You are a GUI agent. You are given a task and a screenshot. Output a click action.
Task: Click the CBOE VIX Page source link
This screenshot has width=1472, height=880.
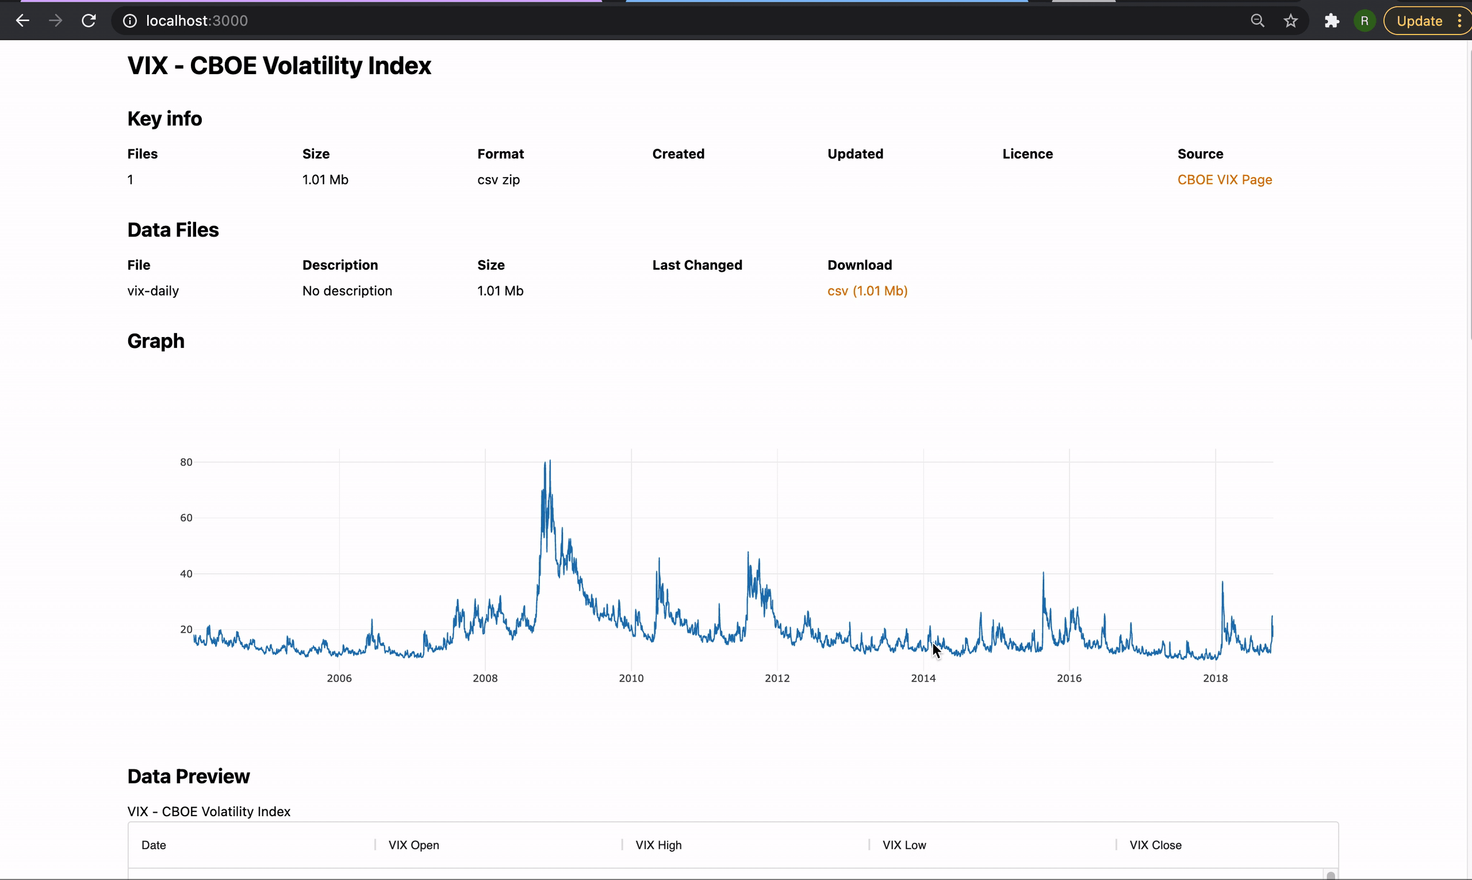click(x=1224, y=179)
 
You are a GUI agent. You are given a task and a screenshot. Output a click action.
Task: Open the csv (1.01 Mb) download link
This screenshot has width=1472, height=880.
click(x=867, y=290)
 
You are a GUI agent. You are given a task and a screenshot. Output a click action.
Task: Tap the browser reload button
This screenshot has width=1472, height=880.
click(x=89, y=21)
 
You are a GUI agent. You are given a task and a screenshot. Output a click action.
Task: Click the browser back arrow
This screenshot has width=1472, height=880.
click(x=22, y=21)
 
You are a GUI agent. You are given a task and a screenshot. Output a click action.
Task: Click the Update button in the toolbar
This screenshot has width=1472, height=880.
click(x=1419, y=21)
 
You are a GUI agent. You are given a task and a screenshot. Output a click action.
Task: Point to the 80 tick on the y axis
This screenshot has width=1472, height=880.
click(x=186, y=462)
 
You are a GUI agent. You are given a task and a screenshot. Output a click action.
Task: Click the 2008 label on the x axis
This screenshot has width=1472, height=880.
click(x=485, y=678)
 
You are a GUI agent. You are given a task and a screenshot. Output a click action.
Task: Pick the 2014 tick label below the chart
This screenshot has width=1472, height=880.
click(x=923, y=678)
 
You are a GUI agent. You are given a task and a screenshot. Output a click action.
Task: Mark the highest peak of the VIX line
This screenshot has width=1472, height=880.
click(x=550, y=461)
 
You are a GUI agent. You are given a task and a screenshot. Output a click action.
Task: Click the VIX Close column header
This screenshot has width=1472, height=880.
click(x=1155, y=845)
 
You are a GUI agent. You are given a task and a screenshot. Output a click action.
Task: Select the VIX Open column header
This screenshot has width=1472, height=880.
click(x=414, y=845)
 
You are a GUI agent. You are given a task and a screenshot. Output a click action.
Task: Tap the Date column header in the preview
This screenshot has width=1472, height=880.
click(x=154, y=845)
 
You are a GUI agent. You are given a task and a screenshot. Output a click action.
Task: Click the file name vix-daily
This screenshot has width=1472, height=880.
click(x=153, y=290)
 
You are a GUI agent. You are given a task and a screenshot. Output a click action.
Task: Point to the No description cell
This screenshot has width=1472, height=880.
click(x=347, y=290)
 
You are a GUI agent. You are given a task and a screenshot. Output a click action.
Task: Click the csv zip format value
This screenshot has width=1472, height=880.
click(x=498, y=179)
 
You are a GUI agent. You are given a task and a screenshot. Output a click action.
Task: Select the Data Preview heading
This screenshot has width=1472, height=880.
click(x=189, y=776)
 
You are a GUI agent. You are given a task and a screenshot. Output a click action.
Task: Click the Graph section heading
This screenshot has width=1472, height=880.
click(x=156, y=341)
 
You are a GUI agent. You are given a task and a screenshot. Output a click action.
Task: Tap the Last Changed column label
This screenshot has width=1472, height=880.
click(x=696, y=265)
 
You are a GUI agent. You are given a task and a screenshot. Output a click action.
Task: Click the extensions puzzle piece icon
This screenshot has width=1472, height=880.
click(x=1332, y=21)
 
